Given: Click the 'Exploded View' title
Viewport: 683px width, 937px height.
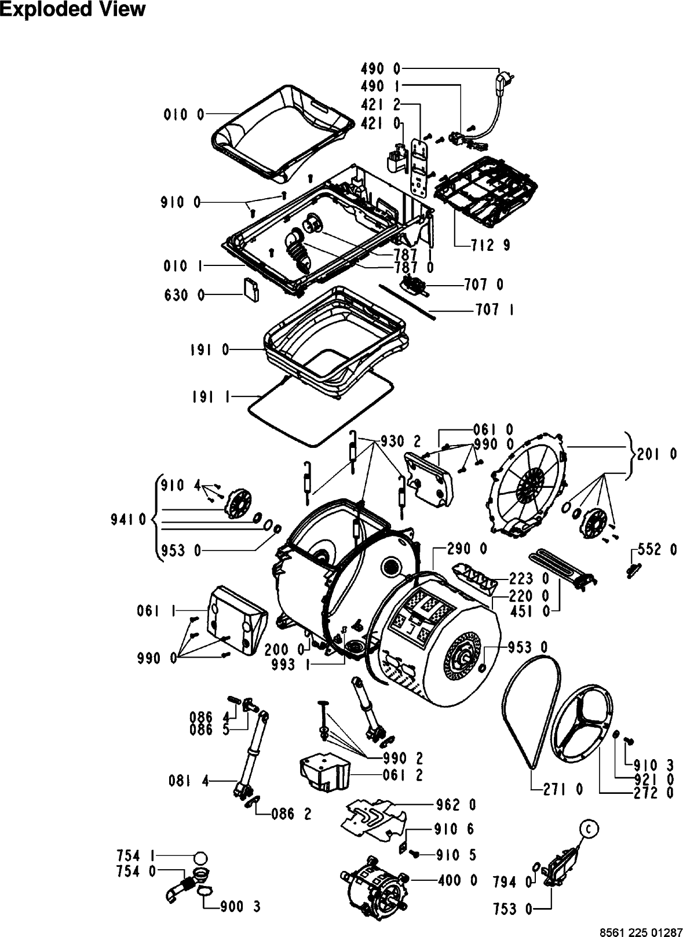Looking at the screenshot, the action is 73,9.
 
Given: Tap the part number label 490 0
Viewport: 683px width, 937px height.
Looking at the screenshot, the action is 380,68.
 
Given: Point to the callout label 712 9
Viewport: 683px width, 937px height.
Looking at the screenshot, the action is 490,245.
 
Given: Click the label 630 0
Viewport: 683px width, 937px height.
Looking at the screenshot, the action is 184,296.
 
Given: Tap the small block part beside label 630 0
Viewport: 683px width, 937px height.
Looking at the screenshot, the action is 251,289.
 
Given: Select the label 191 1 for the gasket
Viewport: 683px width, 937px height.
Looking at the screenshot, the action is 211,397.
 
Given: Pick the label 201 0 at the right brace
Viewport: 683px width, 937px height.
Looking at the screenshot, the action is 657,454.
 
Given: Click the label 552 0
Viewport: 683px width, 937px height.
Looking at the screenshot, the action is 657,550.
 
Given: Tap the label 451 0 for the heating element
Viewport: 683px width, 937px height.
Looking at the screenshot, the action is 530,611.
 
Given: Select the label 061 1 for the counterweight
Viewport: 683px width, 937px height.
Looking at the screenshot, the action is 156,611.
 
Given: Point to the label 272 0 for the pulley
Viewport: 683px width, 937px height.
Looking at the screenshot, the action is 653,793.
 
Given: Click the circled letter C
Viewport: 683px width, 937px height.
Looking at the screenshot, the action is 589,829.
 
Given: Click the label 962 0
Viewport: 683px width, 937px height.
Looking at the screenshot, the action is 456,804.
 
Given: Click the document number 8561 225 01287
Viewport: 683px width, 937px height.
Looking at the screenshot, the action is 641,932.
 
